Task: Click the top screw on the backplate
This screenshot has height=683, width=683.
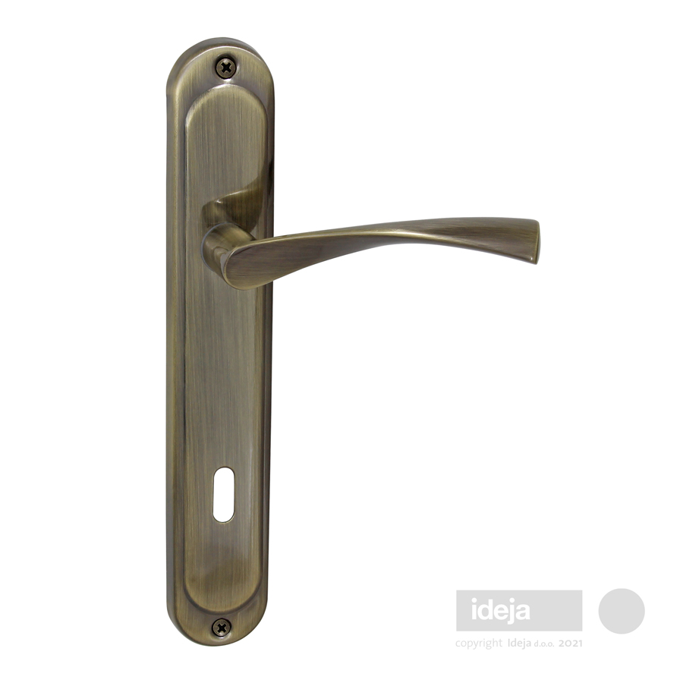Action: coord(226,68)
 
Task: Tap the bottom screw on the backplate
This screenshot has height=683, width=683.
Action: coord(222,628)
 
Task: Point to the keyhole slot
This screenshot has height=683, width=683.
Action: coord(223,495)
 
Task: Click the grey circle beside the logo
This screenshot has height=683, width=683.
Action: coord(621,611)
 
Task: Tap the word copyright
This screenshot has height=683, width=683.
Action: coord(479,644)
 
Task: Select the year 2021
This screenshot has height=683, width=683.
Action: coord(570,644)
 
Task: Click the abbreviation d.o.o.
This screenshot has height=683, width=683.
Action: coord(544,644)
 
